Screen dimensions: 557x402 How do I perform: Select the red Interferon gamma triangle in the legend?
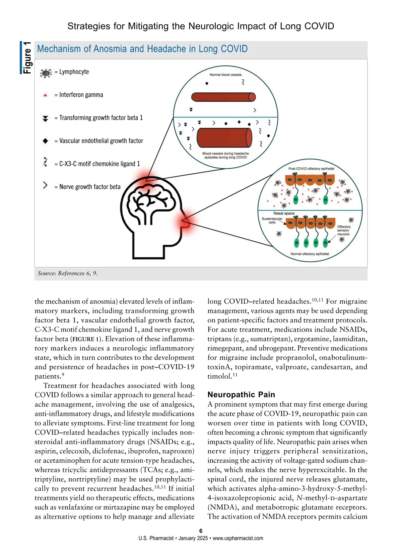click(x=45, y=95)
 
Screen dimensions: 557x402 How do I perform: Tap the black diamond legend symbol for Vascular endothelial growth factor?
click(x=46, y=141)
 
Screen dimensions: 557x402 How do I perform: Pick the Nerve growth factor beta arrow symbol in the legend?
click(x=45, y=185)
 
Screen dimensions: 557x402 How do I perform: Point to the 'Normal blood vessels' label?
click(x=225, y=75)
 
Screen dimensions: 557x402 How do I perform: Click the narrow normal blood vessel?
click(x=223, y=97)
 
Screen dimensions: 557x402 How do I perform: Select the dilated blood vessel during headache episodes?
click(x=224, y=137)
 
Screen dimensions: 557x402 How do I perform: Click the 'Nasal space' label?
click(x=284, y=213)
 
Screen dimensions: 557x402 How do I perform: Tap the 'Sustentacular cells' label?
click(x=272, y=220)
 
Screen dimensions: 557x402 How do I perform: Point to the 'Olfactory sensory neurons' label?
click(x=343, y=230)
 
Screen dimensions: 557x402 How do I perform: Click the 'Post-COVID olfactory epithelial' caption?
click(x=311, y=169)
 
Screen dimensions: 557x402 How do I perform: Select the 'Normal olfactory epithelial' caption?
click(x=310, y=254)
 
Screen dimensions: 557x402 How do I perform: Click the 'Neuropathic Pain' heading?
click(x=241, y=395)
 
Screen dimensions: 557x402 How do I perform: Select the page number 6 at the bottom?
click(x=201, y=531)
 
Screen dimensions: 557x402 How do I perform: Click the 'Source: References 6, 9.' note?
click(x=68, y=273)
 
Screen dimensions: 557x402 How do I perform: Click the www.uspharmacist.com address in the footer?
click(x=238, y=538)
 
